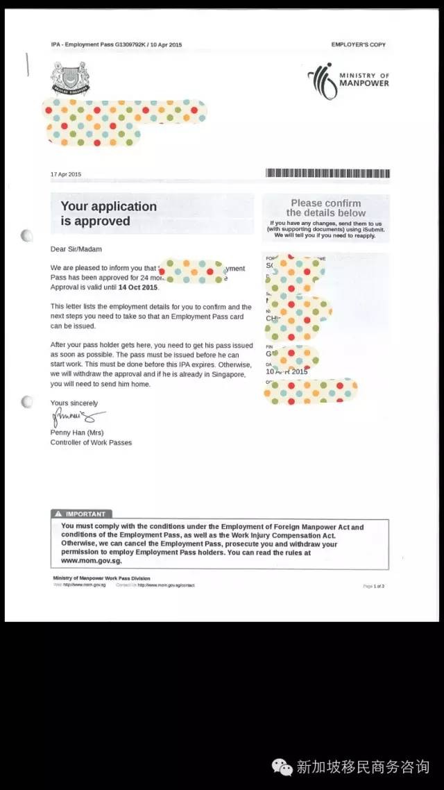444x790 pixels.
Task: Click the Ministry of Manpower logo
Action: tap(348, 81)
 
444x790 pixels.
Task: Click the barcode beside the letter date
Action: tap(327, 174)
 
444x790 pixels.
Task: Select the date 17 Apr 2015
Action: tap(66, 174)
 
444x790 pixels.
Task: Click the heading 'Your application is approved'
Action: tap(108, 214)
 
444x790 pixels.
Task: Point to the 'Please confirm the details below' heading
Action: tap(325, 208)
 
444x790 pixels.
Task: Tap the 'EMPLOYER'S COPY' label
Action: tap(358, 44)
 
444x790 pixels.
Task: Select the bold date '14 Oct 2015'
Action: tap(138, 287)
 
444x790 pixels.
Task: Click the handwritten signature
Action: tap(76, 418)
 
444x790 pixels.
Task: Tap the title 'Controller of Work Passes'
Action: tap(91, 442)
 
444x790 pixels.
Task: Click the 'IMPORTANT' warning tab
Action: tap(81, 514)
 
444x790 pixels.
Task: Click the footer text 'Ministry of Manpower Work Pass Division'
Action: tap(101, 578)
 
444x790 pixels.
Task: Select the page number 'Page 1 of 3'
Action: tap(373, 586)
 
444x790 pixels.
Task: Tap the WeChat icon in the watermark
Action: tap(282, 766)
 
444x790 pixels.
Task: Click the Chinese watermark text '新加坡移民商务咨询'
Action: tap(363, 766)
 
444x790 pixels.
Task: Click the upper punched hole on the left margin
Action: tap(26, 235)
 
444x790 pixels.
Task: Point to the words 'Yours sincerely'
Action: tap(74, 403)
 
